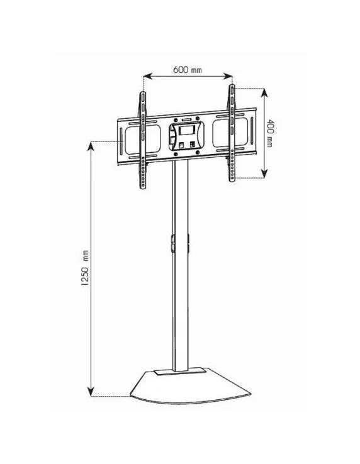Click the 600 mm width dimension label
(x=188, y=69)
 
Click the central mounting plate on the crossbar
(x=187, y=135)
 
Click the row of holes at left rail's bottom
(x=144, y=177)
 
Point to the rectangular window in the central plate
(x=187, y=131)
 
